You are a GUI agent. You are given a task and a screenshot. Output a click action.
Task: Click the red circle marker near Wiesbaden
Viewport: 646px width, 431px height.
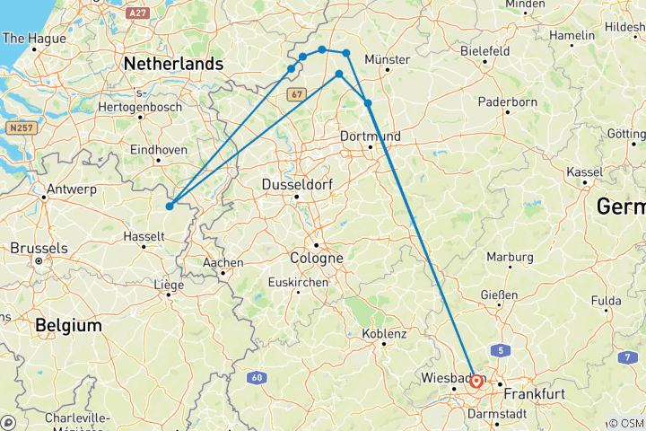(476, 382)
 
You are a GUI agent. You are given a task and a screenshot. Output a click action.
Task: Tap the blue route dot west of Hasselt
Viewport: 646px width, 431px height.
(170, 207)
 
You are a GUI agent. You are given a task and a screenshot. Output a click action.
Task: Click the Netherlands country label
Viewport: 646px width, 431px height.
(173, 65)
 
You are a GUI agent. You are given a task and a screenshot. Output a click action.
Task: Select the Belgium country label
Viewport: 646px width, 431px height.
(68, 325)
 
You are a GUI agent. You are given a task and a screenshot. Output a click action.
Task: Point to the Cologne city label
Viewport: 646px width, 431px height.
(317, 258)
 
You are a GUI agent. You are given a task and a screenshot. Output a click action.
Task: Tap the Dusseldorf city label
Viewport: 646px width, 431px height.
(297, 184)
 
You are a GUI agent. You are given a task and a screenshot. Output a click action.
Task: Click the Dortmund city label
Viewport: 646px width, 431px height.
(371, 136)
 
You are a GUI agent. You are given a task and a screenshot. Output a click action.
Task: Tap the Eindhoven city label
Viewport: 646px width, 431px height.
(158, 149)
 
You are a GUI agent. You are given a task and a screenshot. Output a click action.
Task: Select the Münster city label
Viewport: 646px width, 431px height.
(388, 59)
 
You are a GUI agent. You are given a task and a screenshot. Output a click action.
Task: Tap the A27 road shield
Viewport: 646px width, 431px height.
(137, 13)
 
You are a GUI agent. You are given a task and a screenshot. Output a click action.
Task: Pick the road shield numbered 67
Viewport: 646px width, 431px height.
(299, 93)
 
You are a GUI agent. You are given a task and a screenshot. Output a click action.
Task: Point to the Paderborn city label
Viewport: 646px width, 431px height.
(507, 102)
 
